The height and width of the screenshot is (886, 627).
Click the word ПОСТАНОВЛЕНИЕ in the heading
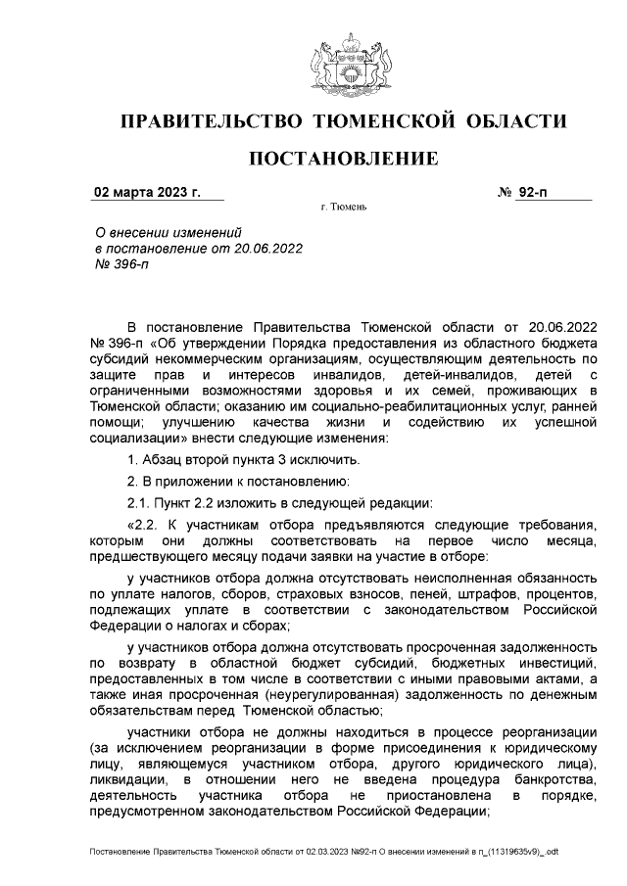point(343,159)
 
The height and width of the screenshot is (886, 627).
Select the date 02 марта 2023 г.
point(146,193)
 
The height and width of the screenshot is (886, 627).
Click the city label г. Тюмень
point(343,209)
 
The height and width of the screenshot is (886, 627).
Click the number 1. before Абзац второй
point(133,459)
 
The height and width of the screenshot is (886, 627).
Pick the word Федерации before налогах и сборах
point(127,626)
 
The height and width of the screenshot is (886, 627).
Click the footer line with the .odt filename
point(323,853)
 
